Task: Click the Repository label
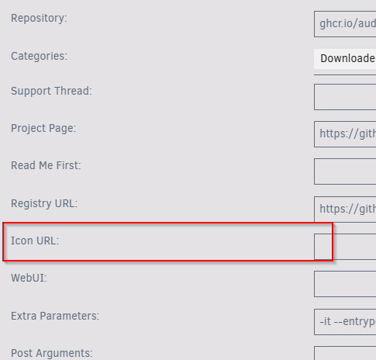point(39,19)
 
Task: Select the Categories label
point(39,56)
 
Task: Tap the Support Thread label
point(51,91)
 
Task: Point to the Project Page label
point(43,128)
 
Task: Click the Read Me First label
point(46,165)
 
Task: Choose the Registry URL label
point(44,203)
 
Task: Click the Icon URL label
point(35,241)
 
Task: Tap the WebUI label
point(29,279)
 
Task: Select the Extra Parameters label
point(55,316)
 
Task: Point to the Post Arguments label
point(52,353)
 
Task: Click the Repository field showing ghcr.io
point(345,24)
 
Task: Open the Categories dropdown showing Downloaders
point(345,59)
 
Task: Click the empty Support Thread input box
point(345,97)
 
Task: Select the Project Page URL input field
point(345,134)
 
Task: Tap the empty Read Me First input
point(345,171)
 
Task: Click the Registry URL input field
point(345,209)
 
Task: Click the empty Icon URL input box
point(345,247)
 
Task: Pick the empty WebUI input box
point(345,284)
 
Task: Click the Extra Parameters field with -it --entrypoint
point(345,322)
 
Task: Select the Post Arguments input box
point(345,353)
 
